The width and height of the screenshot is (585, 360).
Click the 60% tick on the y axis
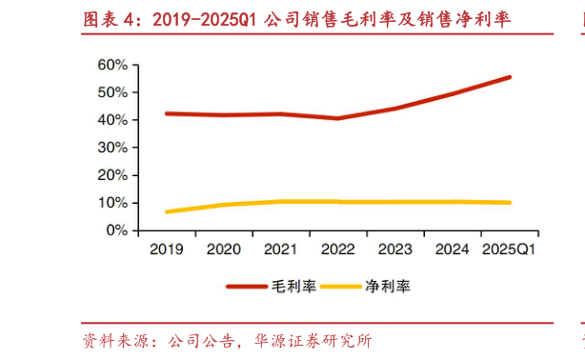click(x=111, y=65)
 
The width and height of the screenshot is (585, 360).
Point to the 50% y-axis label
click(x=111, y=92)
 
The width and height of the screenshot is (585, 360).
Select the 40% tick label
click(x=111, y=120)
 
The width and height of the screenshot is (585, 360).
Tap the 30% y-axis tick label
click(x=111, y=148)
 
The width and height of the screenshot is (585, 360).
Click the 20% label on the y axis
click(x=111, y=175)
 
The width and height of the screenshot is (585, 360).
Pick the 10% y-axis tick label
click(x=111, y=203)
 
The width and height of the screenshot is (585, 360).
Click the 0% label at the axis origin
click(x=115, y=230)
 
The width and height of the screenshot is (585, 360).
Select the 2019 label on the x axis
click(x=167, y=249)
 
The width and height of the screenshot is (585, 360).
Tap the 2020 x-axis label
click(x=224, y=249)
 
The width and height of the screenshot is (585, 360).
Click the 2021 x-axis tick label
click(x=281, y=249)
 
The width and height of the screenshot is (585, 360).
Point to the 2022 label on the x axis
click(x=337, y=249)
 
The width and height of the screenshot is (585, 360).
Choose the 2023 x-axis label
click(x=394, y=249)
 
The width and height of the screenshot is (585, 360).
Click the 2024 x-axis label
click(x=452, y=249)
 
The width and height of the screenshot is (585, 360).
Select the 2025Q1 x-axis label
click(x=509, y=249)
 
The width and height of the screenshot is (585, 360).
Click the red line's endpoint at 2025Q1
click(x=510, y=77)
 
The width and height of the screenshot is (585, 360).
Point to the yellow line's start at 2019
click(x=167, y=211)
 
